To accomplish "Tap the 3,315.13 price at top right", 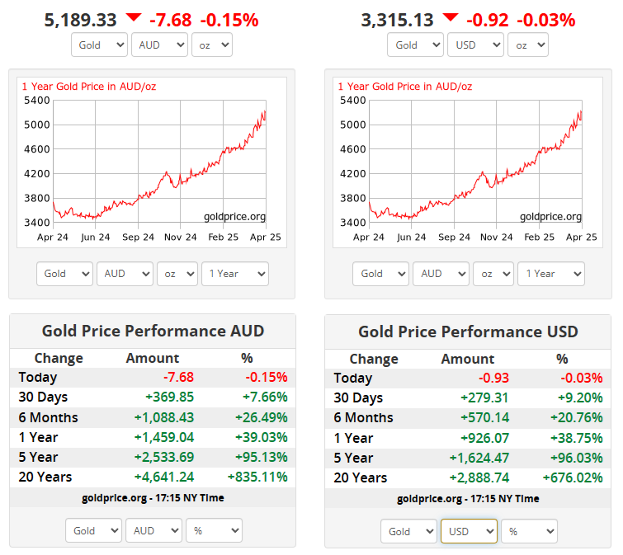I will point(397,20).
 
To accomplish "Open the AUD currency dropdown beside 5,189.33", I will point(159,45).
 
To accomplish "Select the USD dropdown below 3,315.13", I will point(475,45).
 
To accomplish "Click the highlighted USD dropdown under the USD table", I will point(469,532).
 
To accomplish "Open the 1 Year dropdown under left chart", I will point(234,274).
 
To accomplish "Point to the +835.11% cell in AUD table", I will point(257,477).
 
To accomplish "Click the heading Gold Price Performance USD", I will point(468,332).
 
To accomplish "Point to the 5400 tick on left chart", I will point(38,101).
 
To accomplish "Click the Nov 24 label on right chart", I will point(496,238).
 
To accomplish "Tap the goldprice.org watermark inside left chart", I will point(234,217).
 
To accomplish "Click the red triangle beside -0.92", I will point(450,17).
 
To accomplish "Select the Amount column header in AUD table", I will point(152,358).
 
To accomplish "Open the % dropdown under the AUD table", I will point(214,531).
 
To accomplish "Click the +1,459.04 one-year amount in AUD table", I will point(164,437).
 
